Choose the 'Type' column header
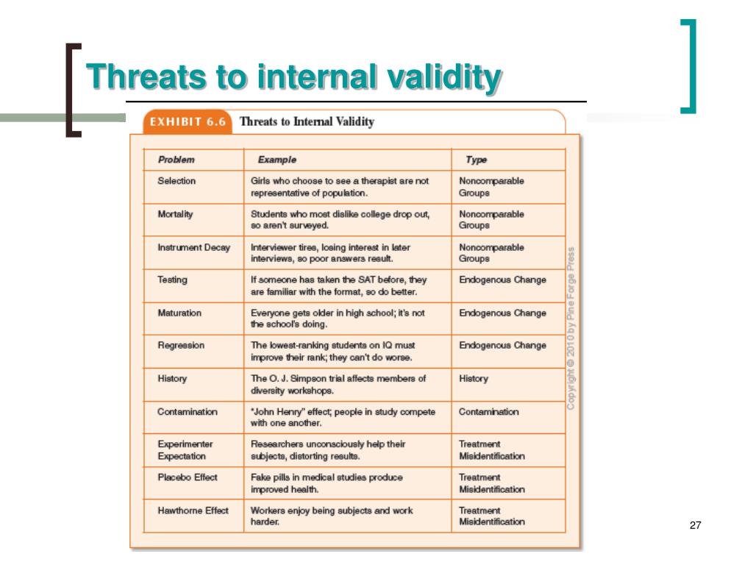click(476, 160)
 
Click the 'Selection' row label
click(176, 181)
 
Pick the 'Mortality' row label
click(176, 214)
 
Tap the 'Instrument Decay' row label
click(193, 247)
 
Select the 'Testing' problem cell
click(172, 280)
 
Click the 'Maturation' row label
click(179, 313)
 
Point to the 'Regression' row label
click(181, 346)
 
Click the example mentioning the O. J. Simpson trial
click(338, 385)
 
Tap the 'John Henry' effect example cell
click(343, 417)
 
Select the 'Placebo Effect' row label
click(188, 477)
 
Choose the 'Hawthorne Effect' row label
click(193, 511)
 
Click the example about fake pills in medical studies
click(327, 483)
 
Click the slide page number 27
click(696, 525)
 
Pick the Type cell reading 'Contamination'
click(488, 412)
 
